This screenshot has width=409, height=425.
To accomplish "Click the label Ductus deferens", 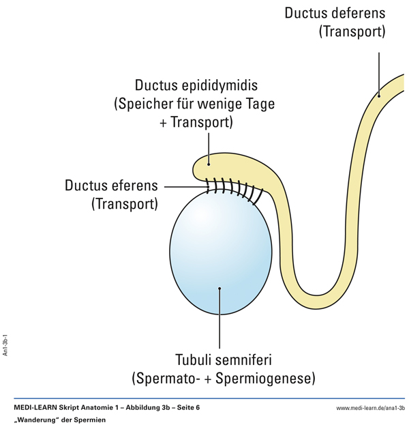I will coord(335,13).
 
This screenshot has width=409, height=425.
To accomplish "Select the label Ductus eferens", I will coord(111,186).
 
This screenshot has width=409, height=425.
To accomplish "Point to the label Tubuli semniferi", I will coord(219,359).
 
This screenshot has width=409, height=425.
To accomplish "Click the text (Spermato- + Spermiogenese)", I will coord(219,377).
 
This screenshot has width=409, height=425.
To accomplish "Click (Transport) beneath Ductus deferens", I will coord(352,32).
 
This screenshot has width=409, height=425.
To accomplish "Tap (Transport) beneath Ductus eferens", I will coord(125,204).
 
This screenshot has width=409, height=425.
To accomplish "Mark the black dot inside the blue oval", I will coord(219,289).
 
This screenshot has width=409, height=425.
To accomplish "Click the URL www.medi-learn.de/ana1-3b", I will coord(370,408).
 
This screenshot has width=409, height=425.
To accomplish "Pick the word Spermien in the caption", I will coord(92,420).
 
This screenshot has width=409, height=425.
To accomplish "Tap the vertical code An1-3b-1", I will coord(5,345).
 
